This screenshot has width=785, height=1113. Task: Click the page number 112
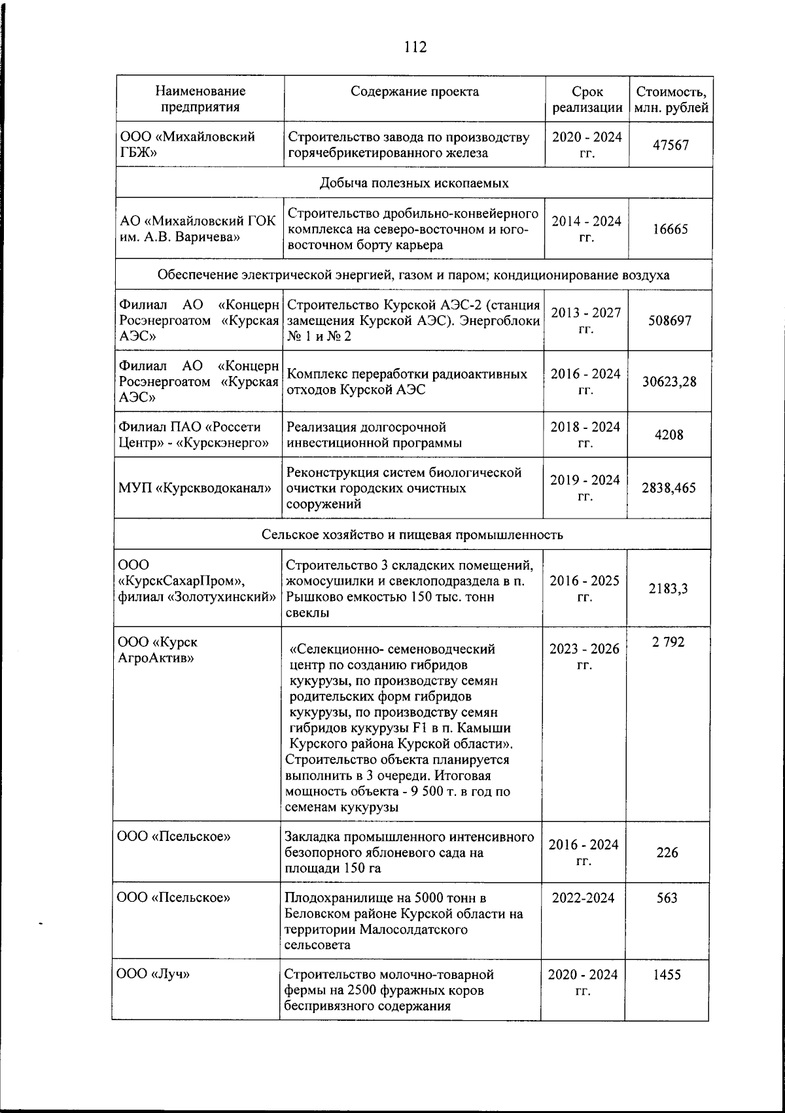[415, 47]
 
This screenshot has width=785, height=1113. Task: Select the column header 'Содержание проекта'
[414, 92]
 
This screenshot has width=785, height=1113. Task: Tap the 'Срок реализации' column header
[587, 99]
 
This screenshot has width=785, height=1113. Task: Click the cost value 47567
[671, 145]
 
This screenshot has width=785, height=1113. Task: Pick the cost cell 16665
[671, 230]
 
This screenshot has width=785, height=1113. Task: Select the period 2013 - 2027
[586, 313]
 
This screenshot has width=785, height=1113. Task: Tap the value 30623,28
[669, 381]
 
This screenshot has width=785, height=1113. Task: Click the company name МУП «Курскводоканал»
[195, 488]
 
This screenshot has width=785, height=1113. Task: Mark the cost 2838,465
[669, 488]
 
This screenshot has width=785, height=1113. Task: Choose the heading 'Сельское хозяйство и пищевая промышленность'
[412, 534]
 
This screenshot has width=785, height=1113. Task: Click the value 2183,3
[668, 589]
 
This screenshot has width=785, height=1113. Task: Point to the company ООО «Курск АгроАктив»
[157, 650]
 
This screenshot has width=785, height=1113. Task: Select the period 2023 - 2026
[584, 649]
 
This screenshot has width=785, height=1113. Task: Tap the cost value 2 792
[667, 642]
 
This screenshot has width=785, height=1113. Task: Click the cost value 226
[667, 853]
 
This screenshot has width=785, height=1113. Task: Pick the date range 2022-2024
[583, 898]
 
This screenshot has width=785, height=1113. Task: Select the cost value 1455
[667, 974]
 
